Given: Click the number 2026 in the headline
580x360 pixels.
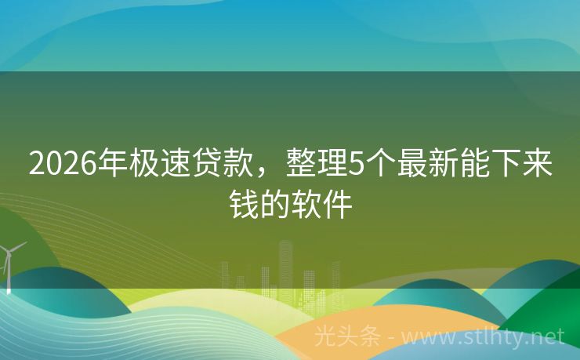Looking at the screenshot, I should pos(62,165).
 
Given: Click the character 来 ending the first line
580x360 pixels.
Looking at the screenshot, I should pos(537,165).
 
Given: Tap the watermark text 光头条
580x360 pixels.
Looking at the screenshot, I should pos(346,337).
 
